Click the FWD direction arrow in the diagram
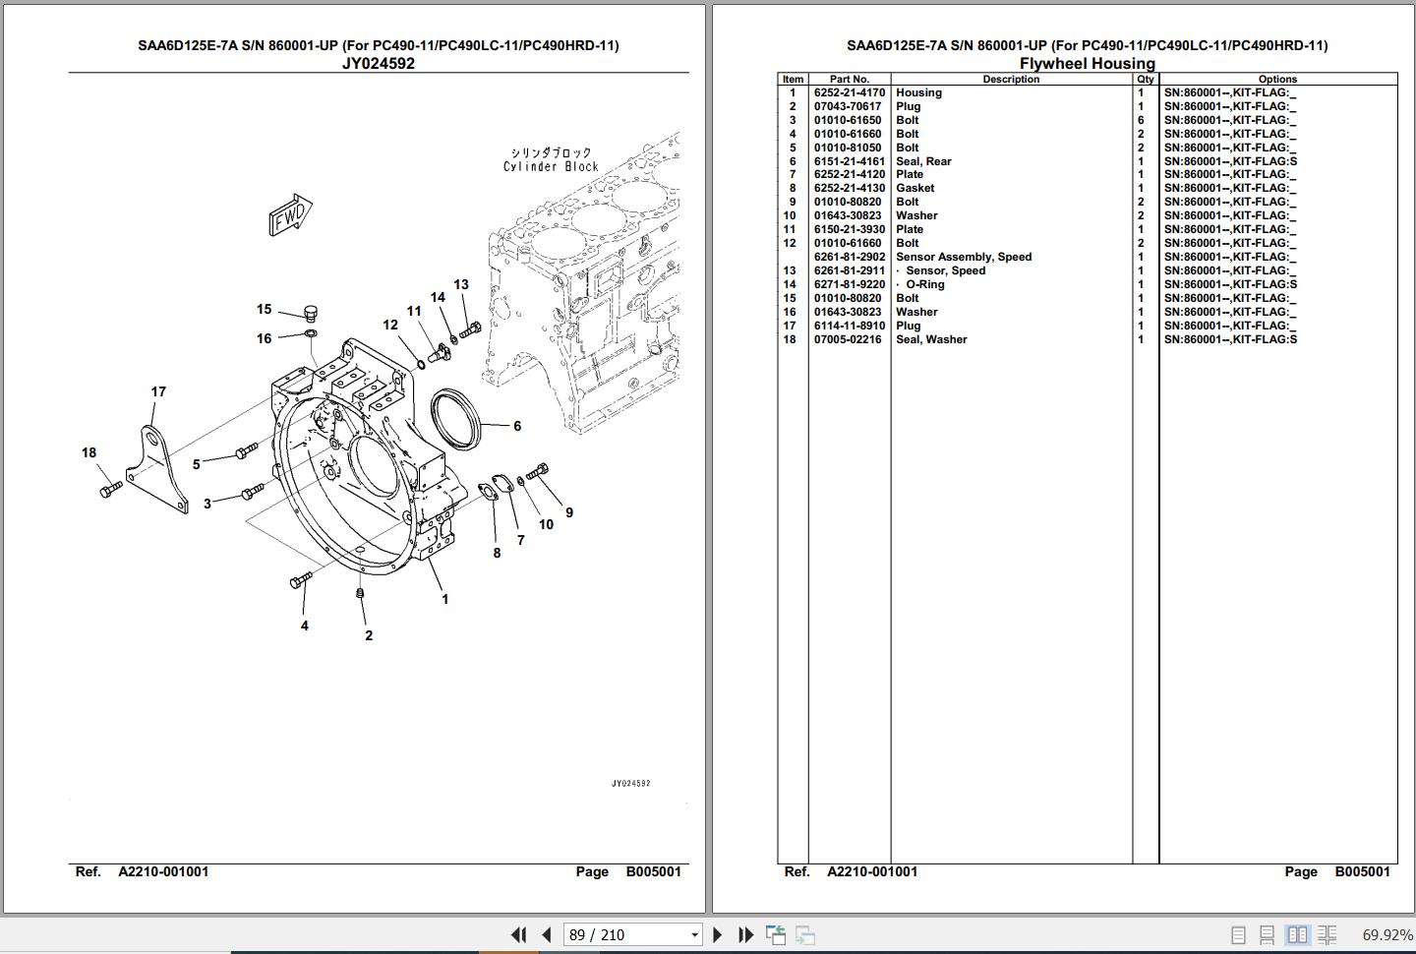point(290,215)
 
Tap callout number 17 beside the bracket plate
point(158,392)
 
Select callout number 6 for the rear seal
point(517,426)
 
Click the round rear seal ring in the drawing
point(455,419)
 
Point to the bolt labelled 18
point(110,490)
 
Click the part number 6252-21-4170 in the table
point(849,92)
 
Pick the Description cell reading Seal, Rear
point(923,161)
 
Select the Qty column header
point(1145,79)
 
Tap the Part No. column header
point(849,79)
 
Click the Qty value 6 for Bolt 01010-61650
point(1141,120)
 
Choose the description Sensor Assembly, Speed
point(964,257)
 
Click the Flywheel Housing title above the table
point(1088,63)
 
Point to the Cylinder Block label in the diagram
point(551,166)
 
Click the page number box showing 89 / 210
point(632,934)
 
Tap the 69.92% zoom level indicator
point(1386,934)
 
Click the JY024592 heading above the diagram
point(378,63)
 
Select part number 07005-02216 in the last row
point(847,339)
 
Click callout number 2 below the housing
point(369,635)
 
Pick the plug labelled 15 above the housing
point(311,313)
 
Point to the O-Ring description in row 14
point(924,284)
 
